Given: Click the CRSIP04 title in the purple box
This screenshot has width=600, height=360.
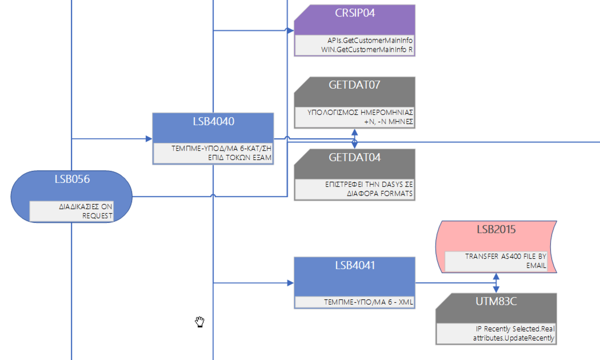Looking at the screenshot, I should [354, 13].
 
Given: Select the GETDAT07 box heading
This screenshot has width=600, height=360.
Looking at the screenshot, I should [354, 85].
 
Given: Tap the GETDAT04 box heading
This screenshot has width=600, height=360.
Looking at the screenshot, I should [354, 158].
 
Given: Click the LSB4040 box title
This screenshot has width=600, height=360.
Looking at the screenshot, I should [213, 121].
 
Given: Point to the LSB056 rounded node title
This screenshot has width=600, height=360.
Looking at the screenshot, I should [72, 179].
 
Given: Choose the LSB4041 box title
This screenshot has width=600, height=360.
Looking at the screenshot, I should [354, 265].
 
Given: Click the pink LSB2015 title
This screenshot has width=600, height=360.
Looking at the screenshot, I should [496, 230].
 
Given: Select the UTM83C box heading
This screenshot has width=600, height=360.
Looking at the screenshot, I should [496, 302].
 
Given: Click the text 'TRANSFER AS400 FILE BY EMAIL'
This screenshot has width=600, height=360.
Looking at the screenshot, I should [506, 261].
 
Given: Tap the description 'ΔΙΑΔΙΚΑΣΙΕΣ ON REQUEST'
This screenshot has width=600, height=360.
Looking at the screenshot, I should [86, 211].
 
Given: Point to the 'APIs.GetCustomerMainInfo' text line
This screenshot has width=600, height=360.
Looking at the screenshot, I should [366, 41].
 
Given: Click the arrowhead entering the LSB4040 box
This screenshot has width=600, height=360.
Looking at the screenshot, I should [149, 138].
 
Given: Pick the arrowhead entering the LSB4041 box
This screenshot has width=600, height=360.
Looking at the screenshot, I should [290, 283].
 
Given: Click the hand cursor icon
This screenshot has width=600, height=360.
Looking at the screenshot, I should [199, 322].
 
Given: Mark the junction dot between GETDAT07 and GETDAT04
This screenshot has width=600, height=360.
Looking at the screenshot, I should [354, 142].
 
